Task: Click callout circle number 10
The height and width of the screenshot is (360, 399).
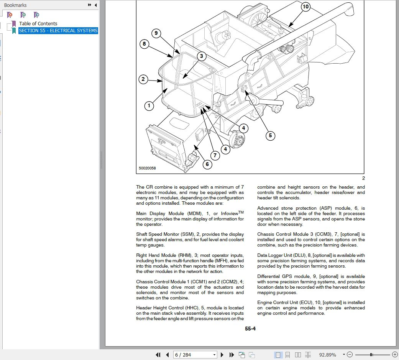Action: [305, 7]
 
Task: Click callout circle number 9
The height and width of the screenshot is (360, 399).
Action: [156, 33]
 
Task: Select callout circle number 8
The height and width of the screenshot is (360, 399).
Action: [144, 44]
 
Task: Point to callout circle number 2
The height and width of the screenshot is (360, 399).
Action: [143, 79]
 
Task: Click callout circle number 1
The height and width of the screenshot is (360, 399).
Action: [149, 105]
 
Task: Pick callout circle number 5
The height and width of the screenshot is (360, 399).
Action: [270, 135]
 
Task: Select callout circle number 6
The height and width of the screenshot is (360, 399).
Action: [207, 164]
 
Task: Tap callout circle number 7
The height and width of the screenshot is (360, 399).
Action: [215, 155]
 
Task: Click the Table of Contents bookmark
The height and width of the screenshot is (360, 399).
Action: [38, 23]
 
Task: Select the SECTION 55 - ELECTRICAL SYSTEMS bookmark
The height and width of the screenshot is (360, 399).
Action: [58, 31]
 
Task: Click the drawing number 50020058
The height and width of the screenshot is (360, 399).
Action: [147, 168]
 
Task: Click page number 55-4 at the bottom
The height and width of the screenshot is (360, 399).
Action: [250, 329]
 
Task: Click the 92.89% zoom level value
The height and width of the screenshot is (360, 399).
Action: [327, 355]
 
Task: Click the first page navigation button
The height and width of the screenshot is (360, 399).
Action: [158, 355]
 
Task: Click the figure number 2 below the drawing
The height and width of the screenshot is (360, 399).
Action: [363, 178]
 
